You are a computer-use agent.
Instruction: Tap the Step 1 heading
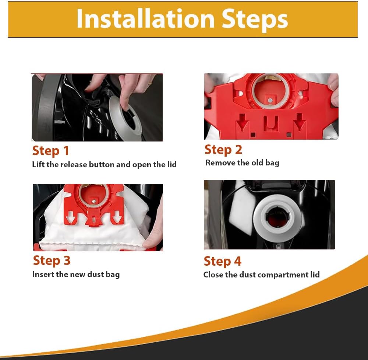click(50, 151)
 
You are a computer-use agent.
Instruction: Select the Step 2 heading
click(223, 150)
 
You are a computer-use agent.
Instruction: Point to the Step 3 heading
click(52, 261)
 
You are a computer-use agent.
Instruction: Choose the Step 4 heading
click(223, 262)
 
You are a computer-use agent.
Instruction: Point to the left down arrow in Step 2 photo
click(243, 122)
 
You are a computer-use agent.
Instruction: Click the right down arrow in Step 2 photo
click(300, 122)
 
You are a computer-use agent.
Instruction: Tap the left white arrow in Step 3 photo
click(70, 217)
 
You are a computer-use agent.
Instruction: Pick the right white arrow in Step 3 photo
click(117, 217)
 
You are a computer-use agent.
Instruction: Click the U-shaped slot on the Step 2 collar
click(271, 123)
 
